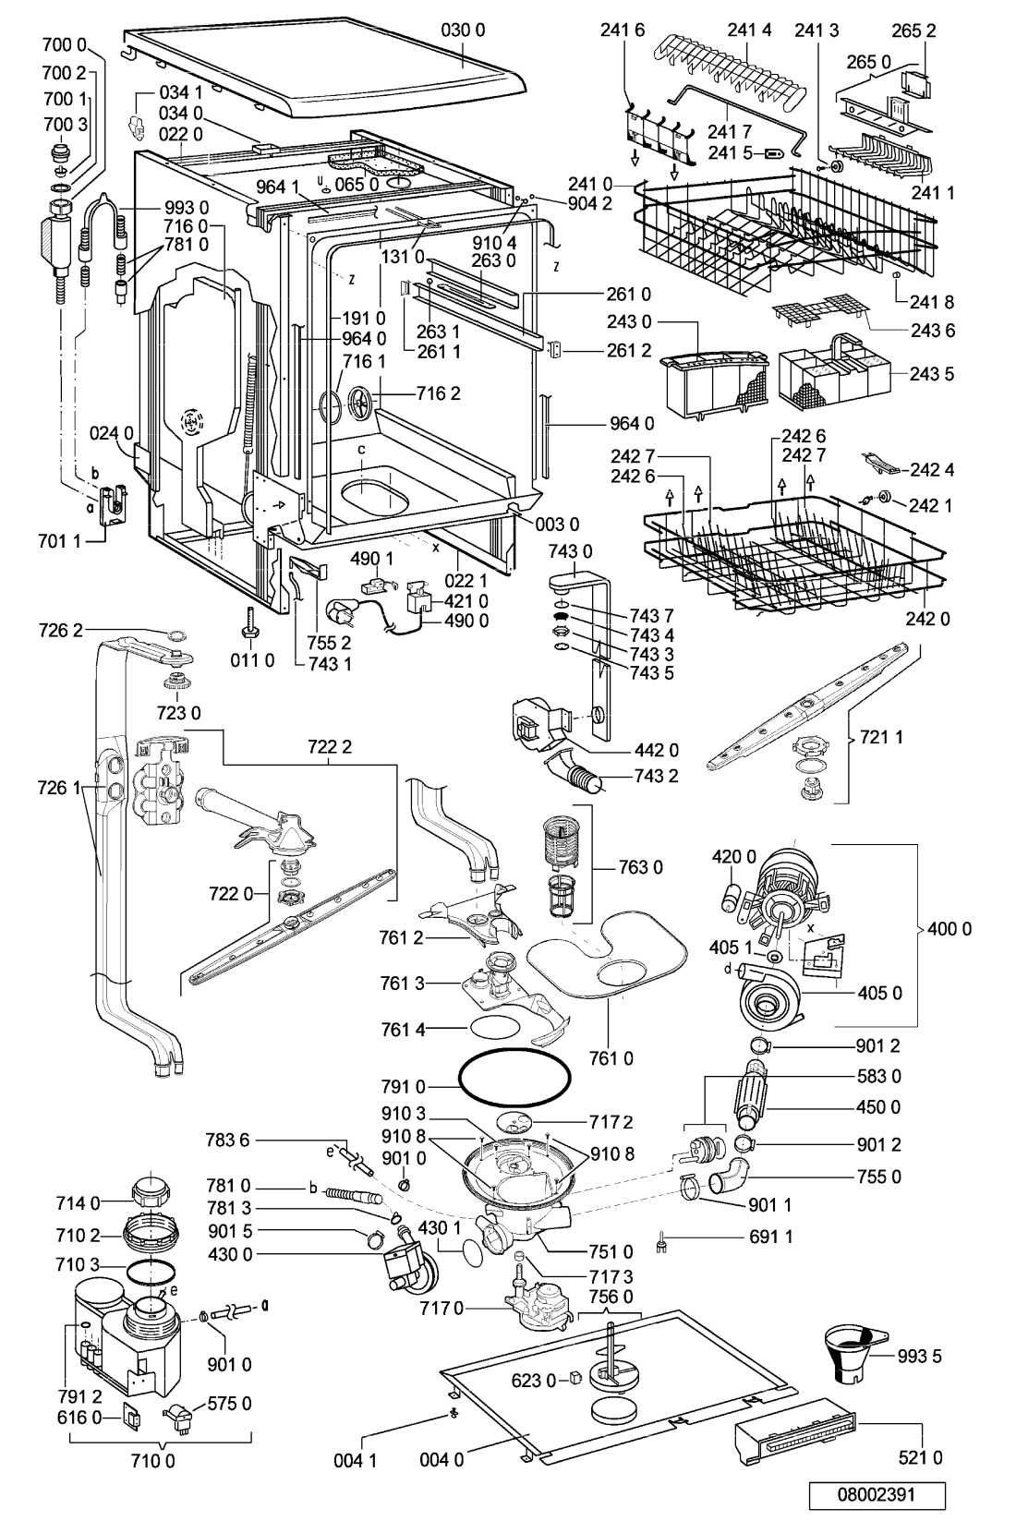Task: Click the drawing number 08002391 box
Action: click(876, 1495)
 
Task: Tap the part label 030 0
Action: click(463, 31)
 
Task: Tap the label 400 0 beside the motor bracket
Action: click(949, 929)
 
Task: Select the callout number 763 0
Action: click(640, 867)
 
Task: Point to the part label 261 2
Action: click(629, 350)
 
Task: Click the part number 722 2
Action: click(330, 747)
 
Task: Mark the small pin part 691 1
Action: click(661, 1237)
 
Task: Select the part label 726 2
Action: click(60, 630)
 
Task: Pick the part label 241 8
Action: click(932, 301)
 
